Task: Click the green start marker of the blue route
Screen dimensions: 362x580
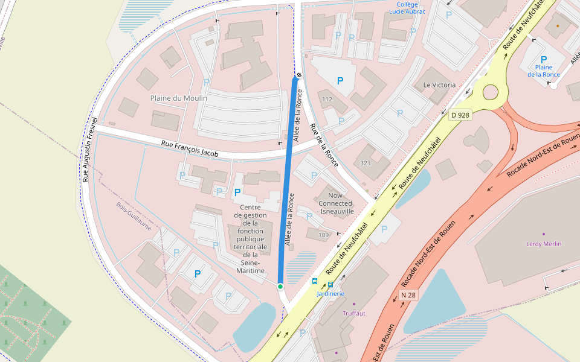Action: (x=280, y=286)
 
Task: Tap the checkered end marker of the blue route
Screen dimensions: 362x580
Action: (x=298, y=77)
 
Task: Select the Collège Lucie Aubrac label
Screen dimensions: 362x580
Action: (x=407, y=8)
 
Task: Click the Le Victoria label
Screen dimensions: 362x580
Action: (x=439, y=85)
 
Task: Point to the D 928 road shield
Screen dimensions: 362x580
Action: (x=460, y=114)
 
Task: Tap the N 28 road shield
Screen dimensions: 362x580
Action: (x=408, y=295)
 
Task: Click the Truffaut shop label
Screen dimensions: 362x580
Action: (x=354, y=313)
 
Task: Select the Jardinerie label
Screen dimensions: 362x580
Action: (x=330, y=294)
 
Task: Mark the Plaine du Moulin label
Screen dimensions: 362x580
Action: (x=178, y=98)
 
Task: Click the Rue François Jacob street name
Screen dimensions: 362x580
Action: (x=189, y=149)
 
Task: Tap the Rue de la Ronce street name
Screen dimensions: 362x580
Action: (x=323, y=145)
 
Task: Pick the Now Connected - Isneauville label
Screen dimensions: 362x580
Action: (x=335, y=203)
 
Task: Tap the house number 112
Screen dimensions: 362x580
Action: (x=327, y=99)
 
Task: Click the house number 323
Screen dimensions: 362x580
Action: (x=365, y=164)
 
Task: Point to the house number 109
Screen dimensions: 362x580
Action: (x=324, y=235)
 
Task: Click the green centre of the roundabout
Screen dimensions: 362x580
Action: (x=490, y=92)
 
